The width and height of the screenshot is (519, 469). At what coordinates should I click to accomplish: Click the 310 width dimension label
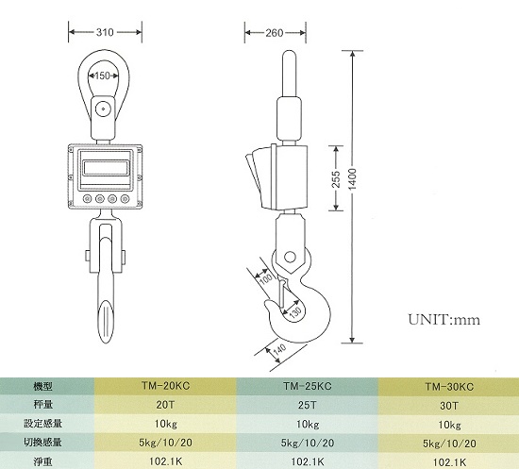coord(105,32)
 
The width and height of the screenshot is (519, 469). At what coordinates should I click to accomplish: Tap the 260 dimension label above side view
coord(275,33)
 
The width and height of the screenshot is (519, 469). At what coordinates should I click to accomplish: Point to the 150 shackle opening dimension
coord(102,75)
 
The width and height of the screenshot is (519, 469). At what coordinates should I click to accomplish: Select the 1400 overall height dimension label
coord(353,179)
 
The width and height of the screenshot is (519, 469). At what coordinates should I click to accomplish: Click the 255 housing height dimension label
coord(336,179)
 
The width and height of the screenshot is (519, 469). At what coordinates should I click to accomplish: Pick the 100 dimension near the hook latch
coord(265,278)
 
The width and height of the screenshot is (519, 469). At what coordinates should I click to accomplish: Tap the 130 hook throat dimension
coord(295,312)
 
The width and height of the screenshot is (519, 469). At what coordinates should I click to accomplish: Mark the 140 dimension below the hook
coord(279,350)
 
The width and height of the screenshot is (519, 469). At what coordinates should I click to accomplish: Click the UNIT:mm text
coord(444,320)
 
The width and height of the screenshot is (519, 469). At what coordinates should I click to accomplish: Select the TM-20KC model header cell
coord(166,386)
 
